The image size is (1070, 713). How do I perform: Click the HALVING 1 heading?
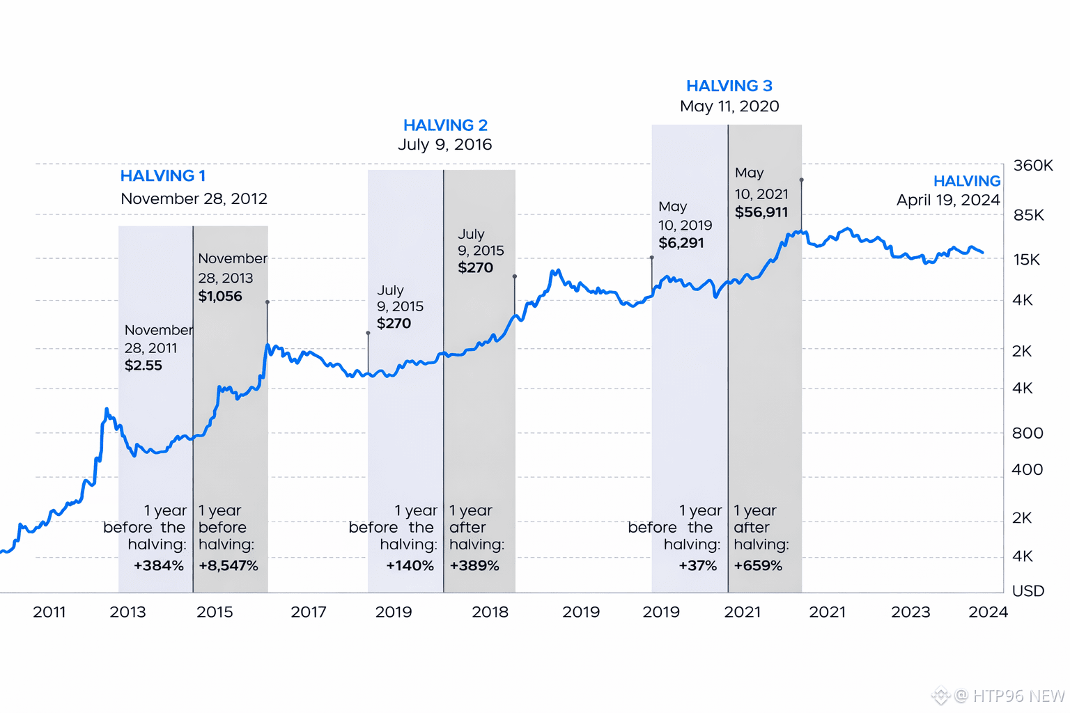pos(163,176)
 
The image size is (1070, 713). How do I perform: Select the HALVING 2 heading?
pos(445,125)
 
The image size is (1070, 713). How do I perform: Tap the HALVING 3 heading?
pos(729,86)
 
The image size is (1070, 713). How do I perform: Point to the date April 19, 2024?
pos(947,201)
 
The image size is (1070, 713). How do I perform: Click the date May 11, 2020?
pos(729,107)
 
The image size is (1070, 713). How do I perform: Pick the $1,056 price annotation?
pos(220,297)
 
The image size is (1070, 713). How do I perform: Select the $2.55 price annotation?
pos(144,366)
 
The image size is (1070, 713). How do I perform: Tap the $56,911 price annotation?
pos(761,212)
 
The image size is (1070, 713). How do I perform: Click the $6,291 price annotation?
pos(681,243)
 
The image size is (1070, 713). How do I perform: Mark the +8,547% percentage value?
pos(228,566)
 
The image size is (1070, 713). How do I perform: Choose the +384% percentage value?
pos(159,566)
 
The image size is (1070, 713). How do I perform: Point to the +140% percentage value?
pos(410,566)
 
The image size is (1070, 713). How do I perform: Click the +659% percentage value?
pos(758,566)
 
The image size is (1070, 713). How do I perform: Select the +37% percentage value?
pos(697,566)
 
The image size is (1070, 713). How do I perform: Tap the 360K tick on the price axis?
pos(1032,166)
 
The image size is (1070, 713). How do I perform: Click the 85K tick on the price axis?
pos(1028,215)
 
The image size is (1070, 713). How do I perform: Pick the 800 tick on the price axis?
pos(1027,433)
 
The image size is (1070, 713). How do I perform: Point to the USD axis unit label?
pos(1028,591)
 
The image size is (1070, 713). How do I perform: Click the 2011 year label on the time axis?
pos(49,612)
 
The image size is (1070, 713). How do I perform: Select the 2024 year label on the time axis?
pos(988,612)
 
